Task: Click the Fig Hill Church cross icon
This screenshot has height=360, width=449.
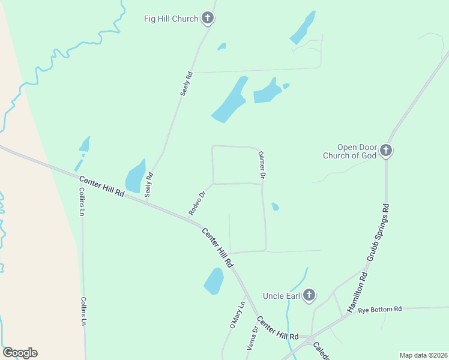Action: tap(208, 19)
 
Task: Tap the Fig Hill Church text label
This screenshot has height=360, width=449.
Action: tap(171, 19)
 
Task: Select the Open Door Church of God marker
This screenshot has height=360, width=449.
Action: tap(386, 151)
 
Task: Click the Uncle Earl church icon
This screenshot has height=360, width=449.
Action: tap(309, 295)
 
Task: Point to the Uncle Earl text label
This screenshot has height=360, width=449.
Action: tap(282, 296)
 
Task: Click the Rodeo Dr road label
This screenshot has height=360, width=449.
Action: tap(197, 203)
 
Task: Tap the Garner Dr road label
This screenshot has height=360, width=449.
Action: tap(262, 166)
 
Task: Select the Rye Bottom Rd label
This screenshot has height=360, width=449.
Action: tap(379, 310)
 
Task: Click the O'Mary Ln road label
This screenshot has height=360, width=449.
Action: tap(237, 316)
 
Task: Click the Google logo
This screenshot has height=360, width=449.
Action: tap(20, 353)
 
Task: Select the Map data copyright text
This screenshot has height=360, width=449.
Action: tap(423, 355)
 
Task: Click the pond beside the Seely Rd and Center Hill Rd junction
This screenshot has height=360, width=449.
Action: tap(135, 176)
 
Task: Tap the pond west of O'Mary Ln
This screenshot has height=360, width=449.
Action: tap(214, 281)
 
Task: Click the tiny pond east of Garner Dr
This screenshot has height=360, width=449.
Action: tap(275, 206)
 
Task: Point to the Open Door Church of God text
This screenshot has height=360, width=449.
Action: tap(349, 151)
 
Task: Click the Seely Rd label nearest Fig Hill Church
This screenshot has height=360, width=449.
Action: tap(187, 84)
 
